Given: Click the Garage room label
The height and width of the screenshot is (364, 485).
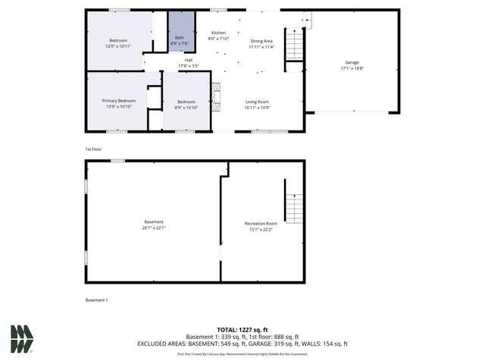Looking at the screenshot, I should [x=352, y=62].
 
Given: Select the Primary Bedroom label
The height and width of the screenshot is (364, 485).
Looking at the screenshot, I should [x=119, y=101].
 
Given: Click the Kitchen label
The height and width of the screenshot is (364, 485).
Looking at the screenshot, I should [x=218, y=33].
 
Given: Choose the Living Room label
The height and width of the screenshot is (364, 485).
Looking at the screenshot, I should [x=257, y=101].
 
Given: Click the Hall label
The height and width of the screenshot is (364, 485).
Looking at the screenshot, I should [x=188, y=60].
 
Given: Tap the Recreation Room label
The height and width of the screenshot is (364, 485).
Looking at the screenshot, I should [x=261, y=224].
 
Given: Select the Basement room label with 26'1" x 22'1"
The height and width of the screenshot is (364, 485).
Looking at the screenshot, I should [x=153, y=222].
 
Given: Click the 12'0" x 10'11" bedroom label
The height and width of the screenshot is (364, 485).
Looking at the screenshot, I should [x=118, y=39].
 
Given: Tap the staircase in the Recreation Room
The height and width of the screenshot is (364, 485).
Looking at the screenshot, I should [x=294, y=207].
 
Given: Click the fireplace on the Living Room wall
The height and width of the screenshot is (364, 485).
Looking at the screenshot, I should [x=214, y=97].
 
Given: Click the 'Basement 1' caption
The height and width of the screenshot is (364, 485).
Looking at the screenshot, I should [x=97, y=300].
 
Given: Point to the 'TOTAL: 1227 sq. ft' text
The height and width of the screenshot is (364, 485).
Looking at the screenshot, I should [x=242, y=330].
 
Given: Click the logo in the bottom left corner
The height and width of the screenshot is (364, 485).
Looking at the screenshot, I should [x=21, y=339].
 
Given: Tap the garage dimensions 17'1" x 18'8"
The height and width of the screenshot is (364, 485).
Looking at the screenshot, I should [x=352, y=68].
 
